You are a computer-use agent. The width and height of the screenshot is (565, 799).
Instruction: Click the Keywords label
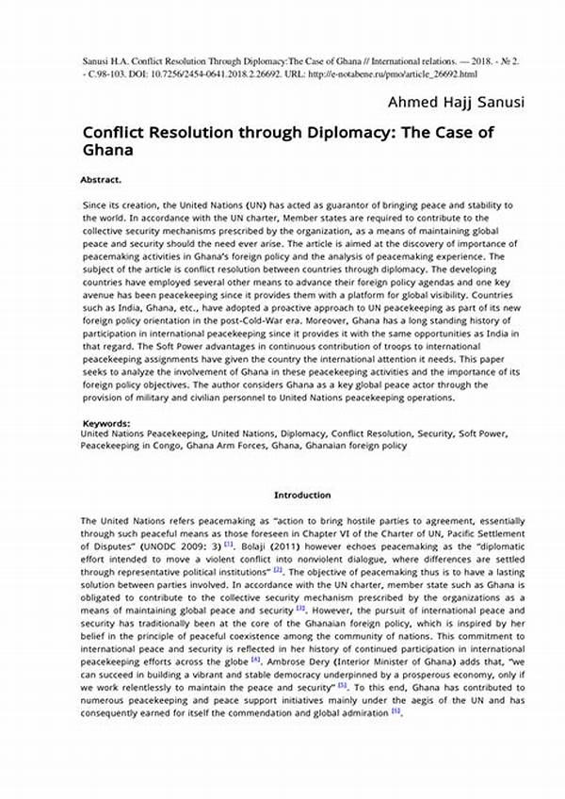click(106, 424)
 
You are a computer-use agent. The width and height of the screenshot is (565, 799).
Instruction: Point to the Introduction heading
click(302, 495)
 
